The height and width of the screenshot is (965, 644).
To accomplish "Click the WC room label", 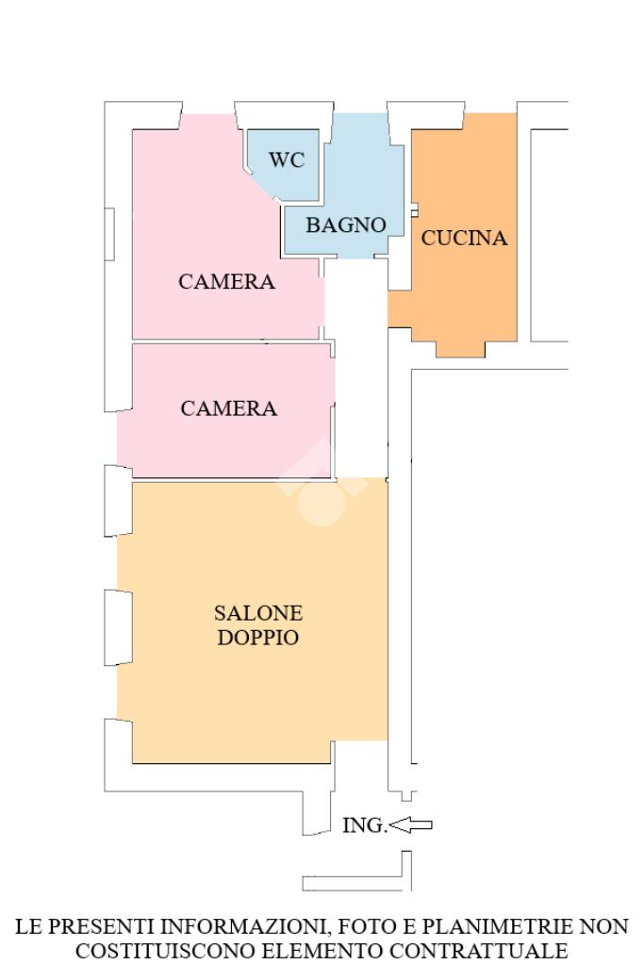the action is [x=287, y=160].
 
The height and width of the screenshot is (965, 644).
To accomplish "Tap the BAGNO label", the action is [x=346, y=225].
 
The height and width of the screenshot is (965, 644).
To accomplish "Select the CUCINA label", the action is [x=464, y=238].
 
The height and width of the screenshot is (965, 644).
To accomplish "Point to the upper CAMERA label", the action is [x=226, y=281].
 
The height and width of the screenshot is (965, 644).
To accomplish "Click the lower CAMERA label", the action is [x=229, y=408].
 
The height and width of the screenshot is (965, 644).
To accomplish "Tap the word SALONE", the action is [x=258, y=613].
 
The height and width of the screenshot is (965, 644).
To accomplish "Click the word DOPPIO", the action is [x=258, y=638].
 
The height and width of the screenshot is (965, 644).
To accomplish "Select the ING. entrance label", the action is [x=364, y=825].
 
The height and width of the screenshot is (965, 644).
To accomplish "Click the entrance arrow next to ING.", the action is [x=411, y=824].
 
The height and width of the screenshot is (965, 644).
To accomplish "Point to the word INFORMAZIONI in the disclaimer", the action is [x=245, y=926].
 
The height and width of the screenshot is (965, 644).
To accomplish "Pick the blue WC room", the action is [x=284, y=164].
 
